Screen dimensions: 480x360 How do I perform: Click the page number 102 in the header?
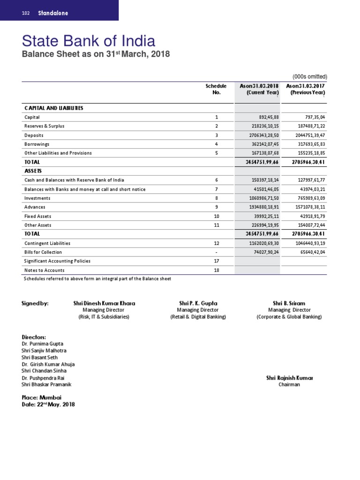pos(26,13)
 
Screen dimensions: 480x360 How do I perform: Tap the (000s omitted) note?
pos(309,77)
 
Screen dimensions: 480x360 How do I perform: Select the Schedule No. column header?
pos(216,90)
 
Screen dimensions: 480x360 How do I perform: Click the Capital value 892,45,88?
pos(265,117)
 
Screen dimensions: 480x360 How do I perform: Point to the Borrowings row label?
pos(37,144)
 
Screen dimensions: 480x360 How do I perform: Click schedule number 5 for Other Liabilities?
pos(216,153)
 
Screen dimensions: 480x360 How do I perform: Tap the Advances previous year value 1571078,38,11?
pos(305,208)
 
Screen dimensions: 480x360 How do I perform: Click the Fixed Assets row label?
pos(37,217)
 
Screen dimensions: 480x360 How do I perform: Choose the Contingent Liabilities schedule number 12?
pos(216,244)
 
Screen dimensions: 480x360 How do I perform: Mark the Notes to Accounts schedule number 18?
pos(216,270)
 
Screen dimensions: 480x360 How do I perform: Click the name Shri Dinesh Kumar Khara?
pos(104,303)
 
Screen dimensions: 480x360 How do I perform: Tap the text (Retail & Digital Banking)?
pos(197,317)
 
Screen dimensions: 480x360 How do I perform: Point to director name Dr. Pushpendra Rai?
pos(43,378)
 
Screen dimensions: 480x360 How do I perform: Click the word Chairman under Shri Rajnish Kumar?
pos(289,385)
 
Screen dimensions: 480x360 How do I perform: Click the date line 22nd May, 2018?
pos(48,405)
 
